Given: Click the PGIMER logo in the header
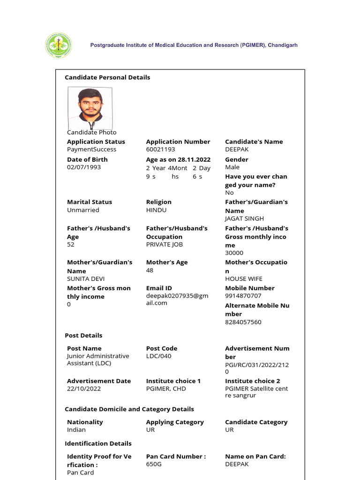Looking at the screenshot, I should pos(59,45).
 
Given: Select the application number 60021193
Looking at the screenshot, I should pos(160,150).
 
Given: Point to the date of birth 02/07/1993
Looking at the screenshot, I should pos(84,167).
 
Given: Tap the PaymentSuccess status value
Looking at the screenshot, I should pos(91,150).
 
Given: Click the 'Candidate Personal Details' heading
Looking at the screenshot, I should pos(107,77).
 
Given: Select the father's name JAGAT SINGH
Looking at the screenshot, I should pos(244,218).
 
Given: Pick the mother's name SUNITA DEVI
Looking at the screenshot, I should pos(86,279).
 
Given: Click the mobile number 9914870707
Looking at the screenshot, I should pos(243,296).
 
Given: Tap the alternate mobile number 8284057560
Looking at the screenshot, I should pos(243,322).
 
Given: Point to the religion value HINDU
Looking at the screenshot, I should pos(156,210).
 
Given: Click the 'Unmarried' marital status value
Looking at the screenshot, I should pos(83,210).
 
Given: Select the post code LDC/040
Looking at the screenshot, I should pos(159,356).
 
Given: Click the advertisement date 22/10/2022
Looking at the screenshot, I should pos(84,389).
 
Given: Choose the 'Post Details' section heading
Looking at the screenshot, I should pos(83,336).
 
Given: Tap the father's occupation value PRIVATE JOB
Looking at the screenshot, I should pos(165,245).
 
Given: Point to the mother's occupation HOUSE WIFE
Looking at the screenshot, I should pos(244,279).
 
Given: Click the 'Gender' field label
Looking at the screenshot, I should pos(237,160).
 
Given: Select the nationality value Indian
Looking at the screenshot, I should pos(76,430).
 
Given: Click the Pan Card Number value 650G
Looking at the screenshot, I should pos(154,464).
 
